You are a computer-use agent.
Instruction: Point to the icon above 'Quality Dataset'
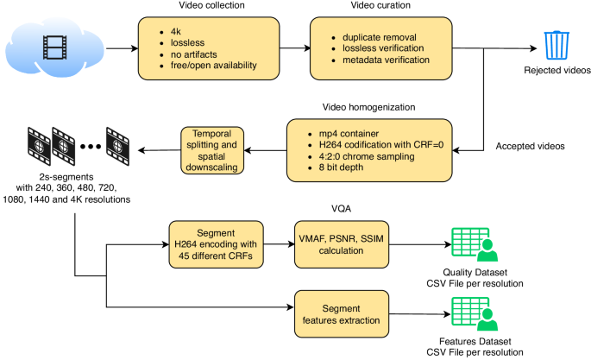[472, 244]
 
